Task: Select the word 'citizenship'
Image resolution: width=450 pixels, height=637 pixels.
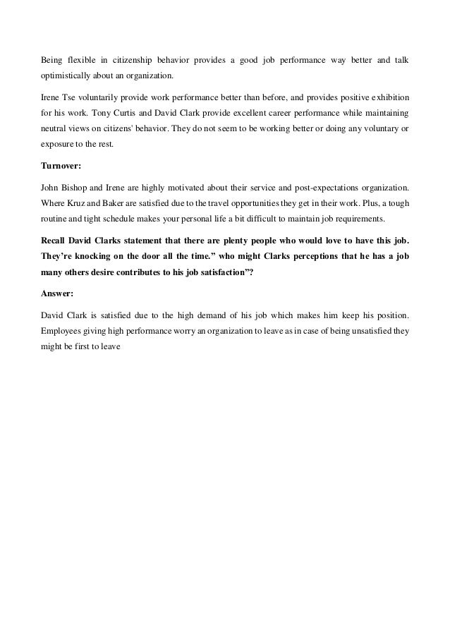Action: (x=141, y=59)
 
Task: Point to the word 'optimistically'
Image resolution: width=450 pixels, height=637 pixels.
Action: (x=66, y=75)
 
